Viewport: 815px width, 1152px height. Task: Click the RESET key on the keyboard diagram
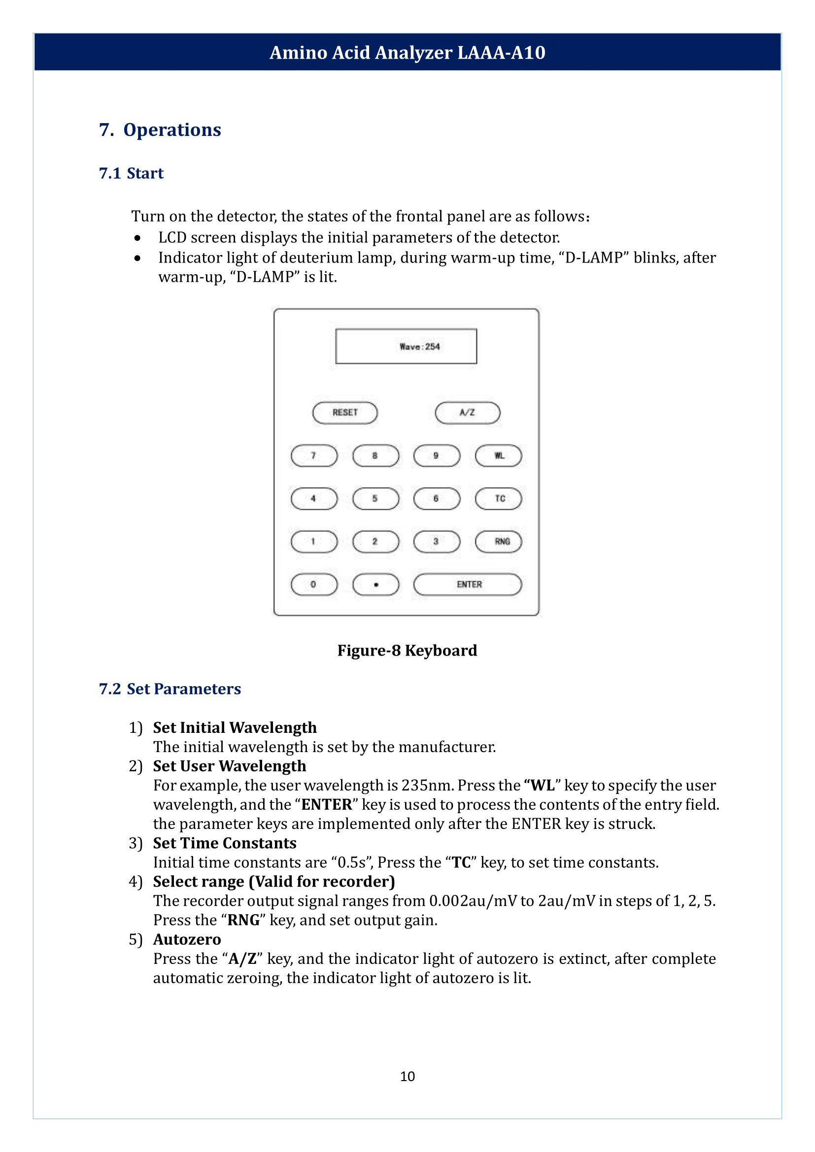coord(345,412)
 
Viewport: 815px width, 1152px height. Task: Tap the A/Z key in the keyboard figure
coord(467,412)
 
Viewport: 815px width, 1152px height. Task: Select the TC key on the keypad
coord(498,498)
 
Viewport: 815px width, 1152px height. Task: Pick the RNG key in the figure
coord(498,541)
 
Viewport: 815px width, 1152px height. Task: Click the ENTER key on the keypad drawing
coord(468,584)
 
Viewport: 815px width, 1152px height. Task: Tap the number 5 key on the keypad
coord(375,498)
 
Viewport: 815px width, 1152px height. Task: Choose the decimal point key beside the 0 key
coord(375,584)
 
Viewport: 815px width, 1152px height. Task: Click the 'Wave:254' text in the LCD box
coord(419,347)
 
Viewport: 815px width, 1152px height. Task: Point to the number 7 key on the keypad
coord(314,456)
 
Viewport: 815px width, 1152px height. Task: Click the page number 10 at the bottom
coord(407,1076)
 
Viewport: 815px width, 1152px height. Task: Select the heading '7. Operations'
coord(160,130)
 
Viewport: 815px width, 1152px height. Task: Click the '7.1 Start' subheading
coord(132,173)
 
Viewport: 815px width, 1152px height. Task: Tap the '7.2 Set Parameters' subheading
coord(170,689)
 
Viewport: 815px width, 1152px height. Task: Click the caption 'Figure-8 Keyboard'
coord(407,650)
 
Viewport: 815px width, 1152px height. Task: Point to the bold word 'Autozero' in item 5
coord(187,939)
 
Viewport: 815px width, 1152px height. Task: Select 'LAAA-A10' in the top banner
coord(501,53)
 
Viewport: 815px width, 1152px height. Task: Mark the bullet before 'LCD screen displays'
coord(137,238)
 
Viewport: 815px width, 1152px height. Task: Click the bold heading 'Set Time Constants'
coord(224,843)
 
